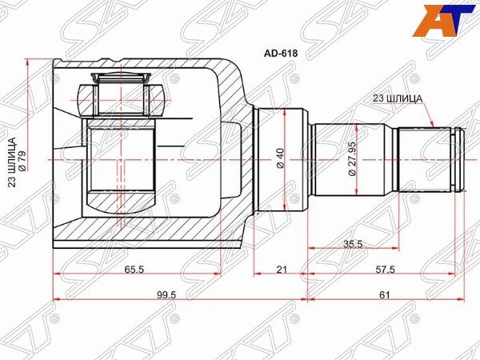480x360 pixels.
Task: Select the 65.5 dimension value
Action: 134,270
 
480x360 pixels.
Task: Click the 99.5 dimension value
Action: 166,294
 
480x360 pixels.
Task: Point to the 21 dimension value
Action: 282,270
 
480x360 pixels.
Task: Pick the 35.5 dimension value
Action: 353,244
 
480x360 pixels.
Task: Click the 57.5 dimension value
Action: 386,270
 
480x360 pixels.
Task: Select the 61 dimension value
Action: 385,294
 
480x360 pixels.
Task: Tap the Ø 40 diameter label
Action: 281,158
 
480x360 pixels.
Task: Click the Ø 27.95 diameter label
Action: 352,158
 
